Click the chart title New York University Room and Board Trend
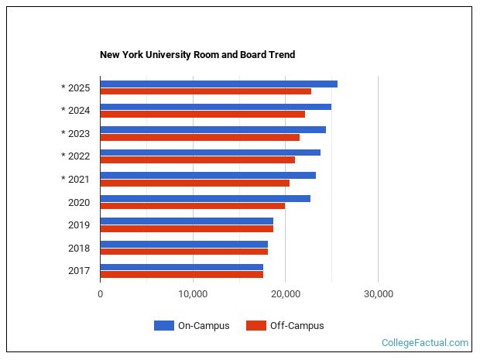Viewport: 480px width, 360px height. pyautogui.click(x=197, y=55)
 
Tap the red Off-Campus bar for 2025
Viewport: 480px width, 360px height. pyautogui.click(x=205, y=91)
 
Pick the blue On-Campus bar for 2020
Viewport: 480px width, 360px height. pyautogui.click(x=205, y=198)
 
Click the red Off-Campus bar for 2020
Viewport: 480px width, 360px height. pyautogui.click(x=192, y=206)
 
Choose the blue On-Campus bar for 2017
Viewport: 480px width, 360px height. pyautogui.click(x=181, y=267)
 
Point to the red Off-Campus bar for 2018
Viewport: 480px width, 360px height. pyautogui.click(x=183, y=252)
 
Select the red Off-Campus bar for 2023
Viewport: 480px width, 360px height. pyautogui.click(x=200, y=137)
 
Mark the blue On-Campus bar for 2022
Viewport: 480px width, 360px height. pyautogui.click(x=210, y=153)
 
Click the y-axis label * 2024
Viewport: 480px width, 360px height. pyautogui.click(x=76, y=111)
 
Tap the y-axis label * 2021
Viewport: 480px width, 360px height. pyautogui.click(x=76, y=180)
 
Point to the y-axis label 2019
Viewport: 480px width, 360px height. pyautogui.click(x=79, y=225)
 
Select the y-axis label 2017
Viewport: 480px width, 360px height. pyautogui.click(x=79, y=271)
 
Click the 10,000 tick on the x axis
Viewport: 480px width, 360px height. pyautogui.click(x=193, y=294)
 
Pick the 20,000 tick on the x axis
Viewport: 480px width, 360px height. pyautogui.click(x=285, y=294)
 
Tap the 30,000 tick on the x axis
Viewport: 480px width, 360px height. pyautogui.click(x=378, y=294)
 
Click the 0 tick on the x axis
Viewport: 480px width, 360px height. pyautogui.click(x=101, y=294)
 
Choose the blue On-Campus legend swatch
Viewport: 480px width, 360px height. pyautogui.click(x=163, y=326)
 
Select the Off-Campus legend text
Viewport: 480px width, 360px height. pyautogui.click(x=297, y=326)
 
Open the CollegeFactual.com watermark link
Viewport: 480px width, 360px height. pyautogui.click(x=425, y=342)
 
